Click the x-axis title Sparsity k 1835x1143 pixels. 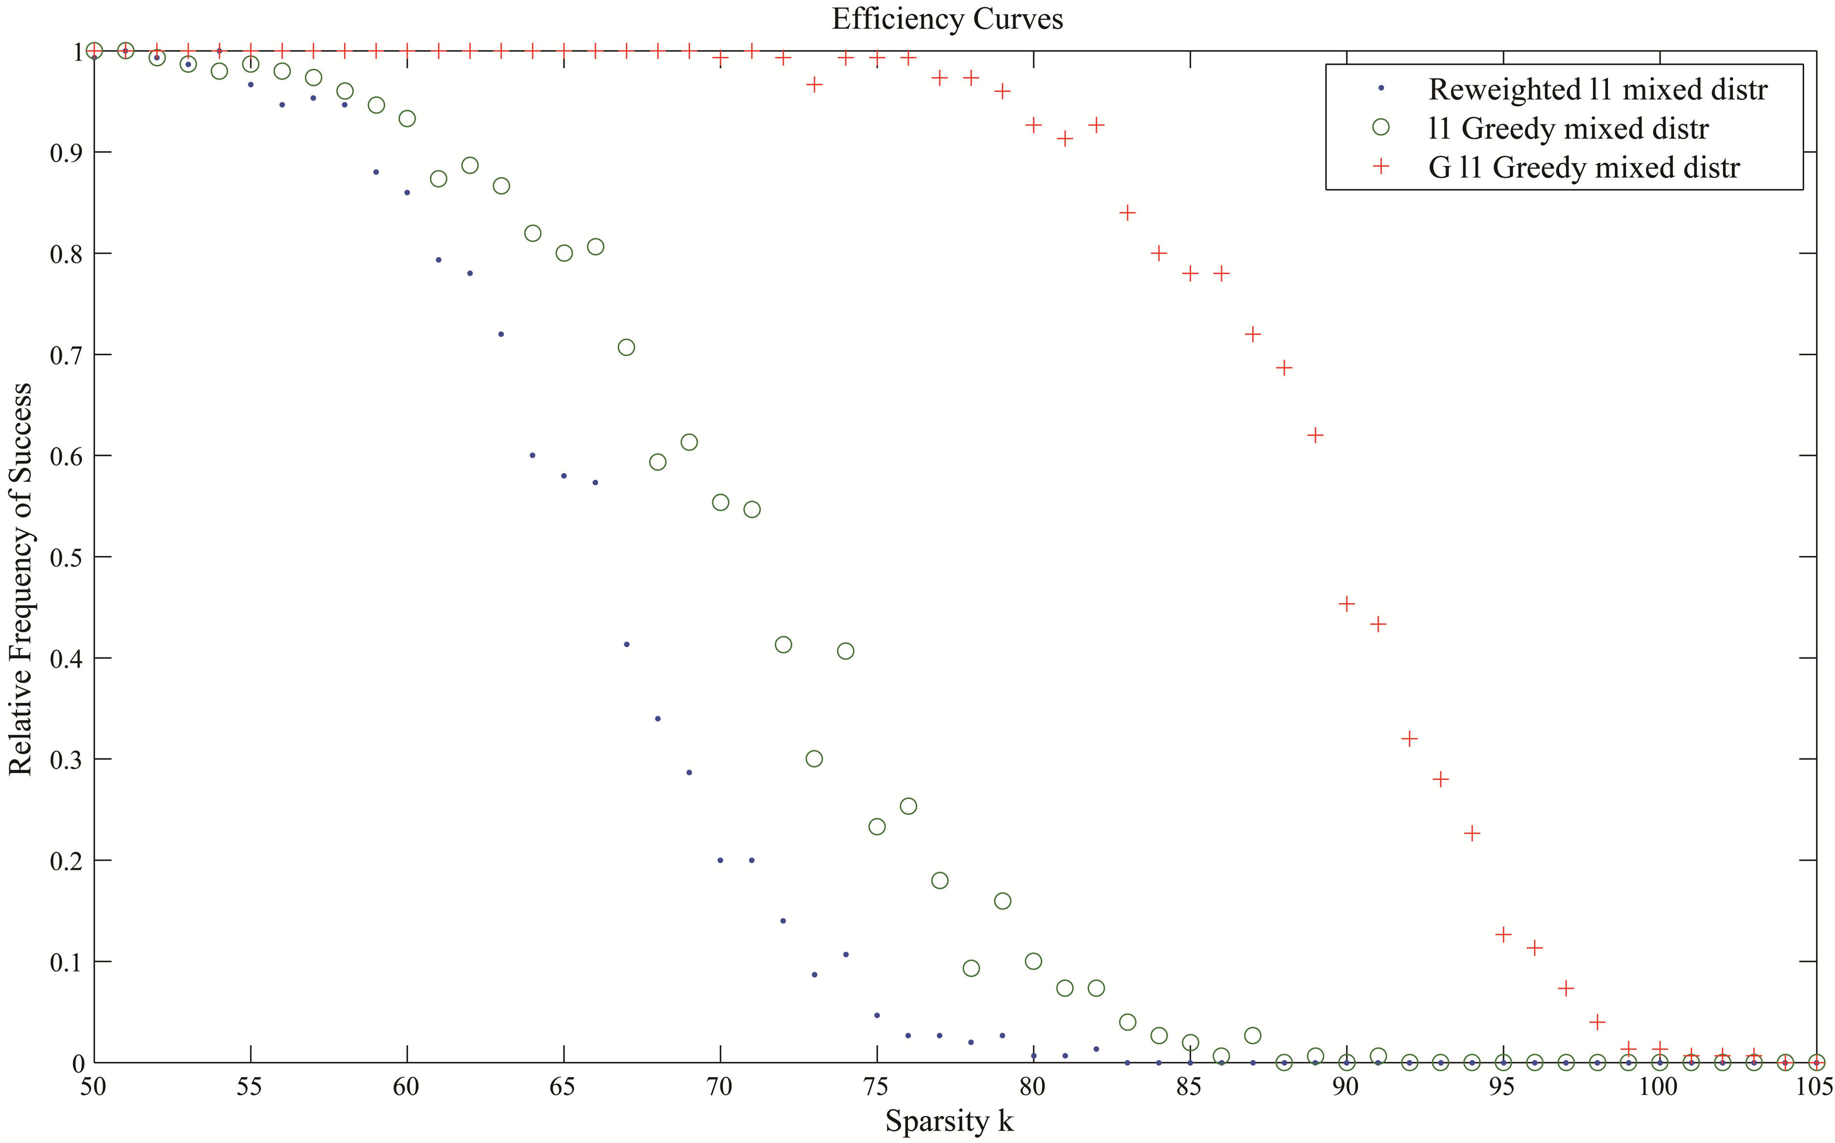point(949,1121)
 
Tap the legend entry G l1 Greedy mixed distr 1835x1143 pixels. point(1583,167)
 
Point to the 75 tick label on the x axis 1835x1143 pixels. point(876,1087)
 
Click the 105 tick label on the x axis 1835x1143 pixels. point(1814,1087)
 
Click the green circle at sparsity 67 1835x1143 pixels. point(626,347)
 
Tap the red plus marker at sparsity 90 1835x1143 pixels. point(1346,603)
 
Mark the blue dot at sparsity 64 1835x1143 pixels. point(532,455)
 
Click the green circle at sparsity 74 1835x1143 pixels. point(845,651)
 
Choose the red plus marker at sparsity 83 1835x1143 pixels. point(1127,212)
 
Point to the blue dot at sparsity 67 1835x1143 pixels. point(626,644)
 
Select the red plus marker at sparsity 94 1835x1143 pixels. point(1472,833)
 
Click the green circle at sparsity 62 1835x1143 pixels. point(470,165)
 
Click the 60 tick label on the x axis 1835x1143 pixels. point(406,1087)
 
